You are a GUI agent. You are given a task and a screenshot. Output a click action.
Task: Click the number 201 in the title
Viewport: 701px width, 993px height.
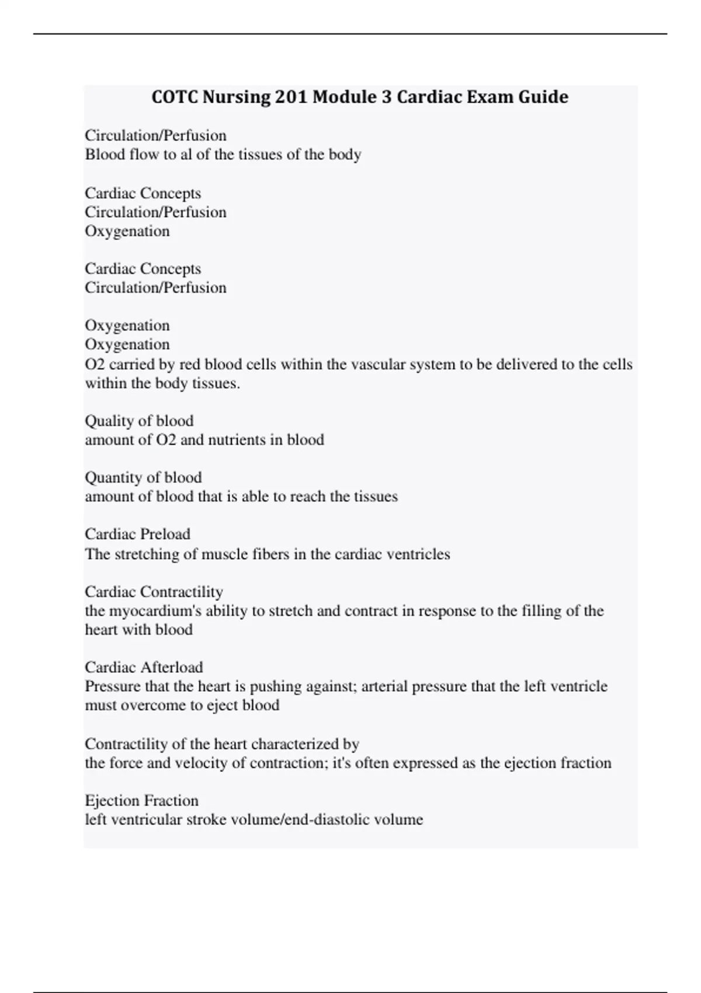coord(291,96)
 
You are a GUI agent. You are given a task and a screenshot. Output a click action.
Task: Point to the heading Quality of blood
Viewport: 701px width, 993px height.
coord(139,421)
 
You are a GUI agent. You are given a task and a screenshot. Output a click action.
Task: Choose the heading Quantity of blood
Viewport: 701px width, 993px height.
coord(143,477)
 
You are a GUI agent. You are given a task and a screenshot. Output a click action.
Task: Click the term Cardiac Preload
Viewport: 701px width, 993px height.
coord(137,534)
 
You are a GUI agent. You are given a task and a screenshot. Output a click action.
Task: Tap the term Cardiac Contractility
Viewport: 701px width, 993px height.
coord(154,592)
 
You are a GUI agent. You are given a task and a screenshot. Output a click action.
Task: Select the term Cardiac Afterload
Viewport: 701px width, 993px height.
coord(144,667)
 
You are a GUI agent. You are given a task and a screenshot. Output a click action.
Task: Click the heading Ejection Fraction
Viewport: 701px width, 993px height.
coord(141,800)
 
